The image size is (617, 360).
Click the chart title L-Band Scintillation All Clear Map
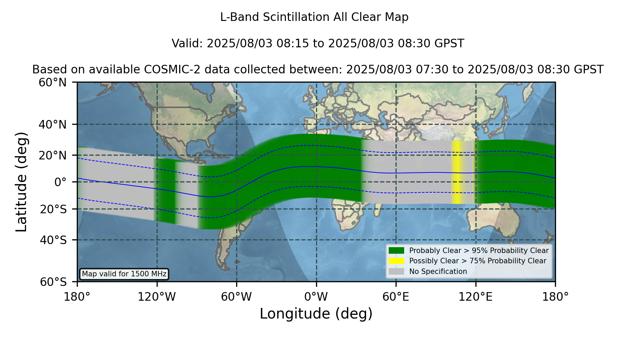tap(314, 17)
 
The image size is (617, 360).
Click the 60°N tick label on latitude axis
tap(53, 83)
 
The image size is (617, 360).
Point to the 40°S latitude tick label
tap(53, 240)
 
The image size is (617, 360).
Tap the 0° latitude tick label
tap(61, 182)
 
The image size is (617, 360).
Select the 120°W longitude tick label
tap(157, 297)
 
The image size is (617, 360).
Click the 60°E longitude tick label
tap(396, 297)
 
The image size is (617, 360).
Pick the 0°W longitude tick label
tap(316, 297)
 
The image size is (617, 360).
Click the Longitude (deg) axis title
tap(316, 314)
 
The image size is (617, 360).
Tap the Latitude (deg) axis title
tap(21, 182)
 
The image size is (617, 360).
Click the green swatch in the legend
tap(397, 250)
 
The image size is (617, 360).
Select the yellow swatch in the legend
tap(397, 261)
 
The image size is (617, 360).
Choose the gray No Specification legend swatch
tap(397, 271)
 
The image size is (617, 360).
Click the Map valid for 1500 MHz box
tap(124, 274)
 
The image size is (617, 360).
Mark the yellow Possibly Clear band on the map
tap(456, 172)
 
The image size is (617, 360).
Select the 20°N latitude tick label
tap(53, 155)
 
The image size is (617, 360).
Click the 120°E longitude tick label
tap(475, 297)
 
